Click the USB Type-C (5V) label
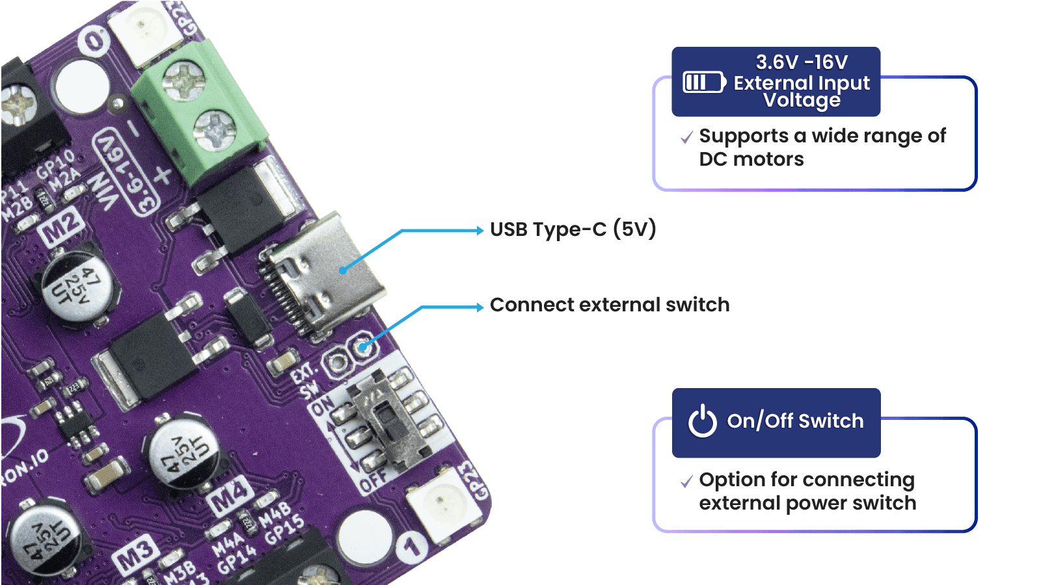[x=573, y=229]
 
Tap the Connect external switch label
[x=610, y=305]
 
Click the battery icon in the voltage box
[x=703, y=83]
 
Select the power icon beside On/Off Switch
[x=703, y=421]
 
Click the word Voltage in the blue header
[x=802, y=100]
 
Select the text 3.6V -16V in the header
[x=802, y=62]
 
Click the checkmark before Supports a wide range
[x=686, y=138]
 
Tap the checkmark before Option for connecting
[x=686, y=482]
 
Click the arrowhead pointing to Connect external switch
[x=480, y=307]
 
